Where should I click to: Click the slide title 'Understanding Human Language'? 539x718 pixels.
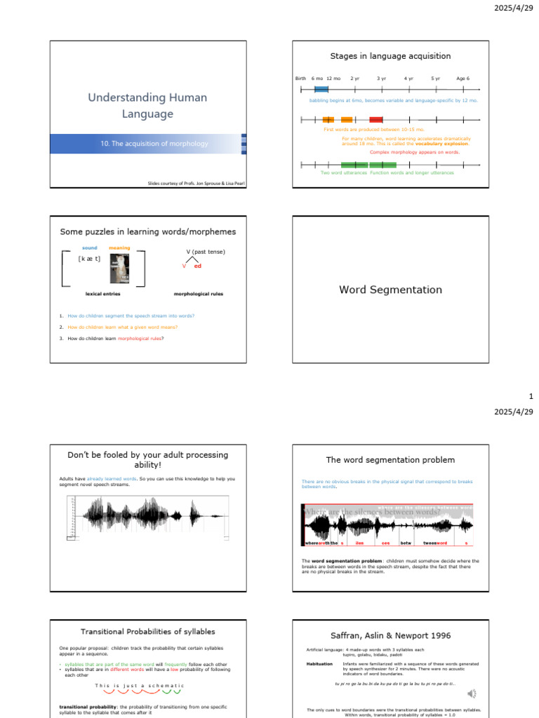point(147,105)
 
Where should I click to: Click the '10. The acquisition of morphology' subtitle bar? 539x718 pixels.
point(154,144)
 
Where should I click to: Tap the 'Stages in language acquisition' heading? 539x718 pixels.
point(390,56)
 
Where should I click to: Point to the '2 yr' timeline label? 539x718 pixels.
point(355,79)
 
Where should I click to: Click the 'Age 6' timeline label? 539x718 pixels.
point(463,79)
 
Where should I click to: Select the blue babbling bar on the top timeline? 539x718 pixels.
point(321,89)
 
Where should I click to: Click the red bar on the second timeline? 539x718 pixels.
point(376,120)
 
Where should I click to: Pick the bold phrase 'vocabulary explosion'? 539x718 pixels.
point(441,143)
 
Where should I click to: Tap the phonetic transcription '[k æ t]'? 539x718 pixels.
point(89,259)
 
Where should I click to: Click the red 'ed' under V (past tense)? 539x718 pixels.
point(198,266)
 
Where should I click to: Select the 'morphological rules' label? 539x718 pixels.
point(199,294)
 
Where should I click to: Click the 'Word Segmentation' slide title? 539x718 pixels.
point(390,290)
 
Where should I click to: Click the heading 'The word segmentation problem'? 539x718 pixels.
point(390,460)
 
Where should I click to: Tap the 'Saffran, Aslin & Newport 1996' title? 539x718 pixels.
point(390,635)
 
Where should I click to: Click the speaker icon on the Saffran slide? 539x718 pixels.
point(472,693)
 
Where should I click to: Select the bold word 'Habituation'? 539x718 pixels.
point(319,663)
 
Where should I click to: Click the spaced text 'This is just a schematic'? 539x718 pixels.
point(139,685)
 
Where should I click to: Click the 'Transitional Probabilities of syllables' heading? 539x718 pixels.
point(147,632)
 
